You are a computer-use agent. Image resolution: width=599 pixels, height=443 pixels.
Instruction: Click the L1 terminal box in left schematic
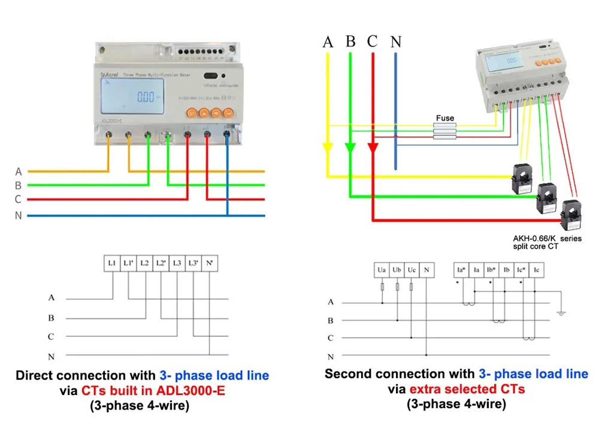(x=112, y=263)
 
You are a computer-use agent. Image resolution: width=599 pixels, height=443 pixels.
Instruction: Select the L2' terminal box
(x=161, y=263)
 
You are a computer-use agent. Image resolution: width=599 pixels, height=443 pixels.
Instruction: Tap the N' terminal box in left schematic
(x=209, y=263)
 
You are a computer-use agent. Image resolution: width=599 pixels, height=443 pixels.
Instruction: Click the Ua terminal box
(x=382, y=270)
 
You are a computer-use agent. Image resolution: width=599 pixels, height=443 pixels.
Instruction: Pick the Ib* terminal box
(x=491, y=270)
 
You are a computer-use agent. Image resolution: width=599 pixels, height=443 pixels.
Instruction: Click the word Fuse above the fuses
(x=445, y=118)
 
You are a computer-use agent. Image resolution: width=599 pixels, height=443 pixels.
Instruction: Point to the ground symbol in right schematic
(x=561, y=312)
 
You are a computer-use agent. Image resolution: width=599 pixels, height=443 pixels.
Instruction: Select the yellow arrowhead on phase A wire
(x=328, y=148)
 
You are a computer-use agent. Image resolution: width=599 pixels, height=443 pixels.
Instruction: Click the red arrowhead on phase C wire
(x=373, y=148)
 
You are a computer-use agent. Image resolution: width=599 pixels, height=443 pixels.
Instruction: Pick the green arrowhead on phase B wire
(x=350, y=148)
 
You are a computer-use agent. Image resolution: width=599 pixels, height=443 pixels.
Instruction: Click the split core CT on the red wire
(x=569, y=214)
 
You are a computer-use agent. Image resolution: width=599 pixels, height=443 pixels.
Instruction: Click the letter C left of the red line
(x=18, y=199)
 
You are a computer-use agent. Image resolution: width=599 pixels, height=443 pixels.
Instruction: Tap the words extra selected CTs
(x=467, y=389)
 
